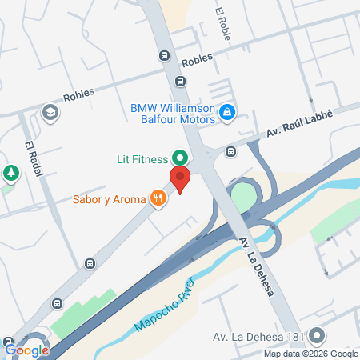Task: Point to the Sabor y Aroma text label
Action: pyautogui.click(x=109, y=198)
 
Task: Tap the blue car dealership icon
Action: pyautogui.click(x=227, y=113)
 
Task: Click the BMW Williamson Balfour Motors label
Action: pyautogui.click(x=173, y=113)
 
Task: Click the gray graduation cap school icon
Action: pyautogui.click(x=50, y=112)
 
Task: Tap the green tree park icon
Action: pyautogui.click(x=10, y=172)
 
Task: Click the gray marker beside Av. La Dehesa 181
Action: pyautogui.click(x=318, y=336)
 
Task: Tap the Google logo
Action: pyautogui.click(x=26, y=349)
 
